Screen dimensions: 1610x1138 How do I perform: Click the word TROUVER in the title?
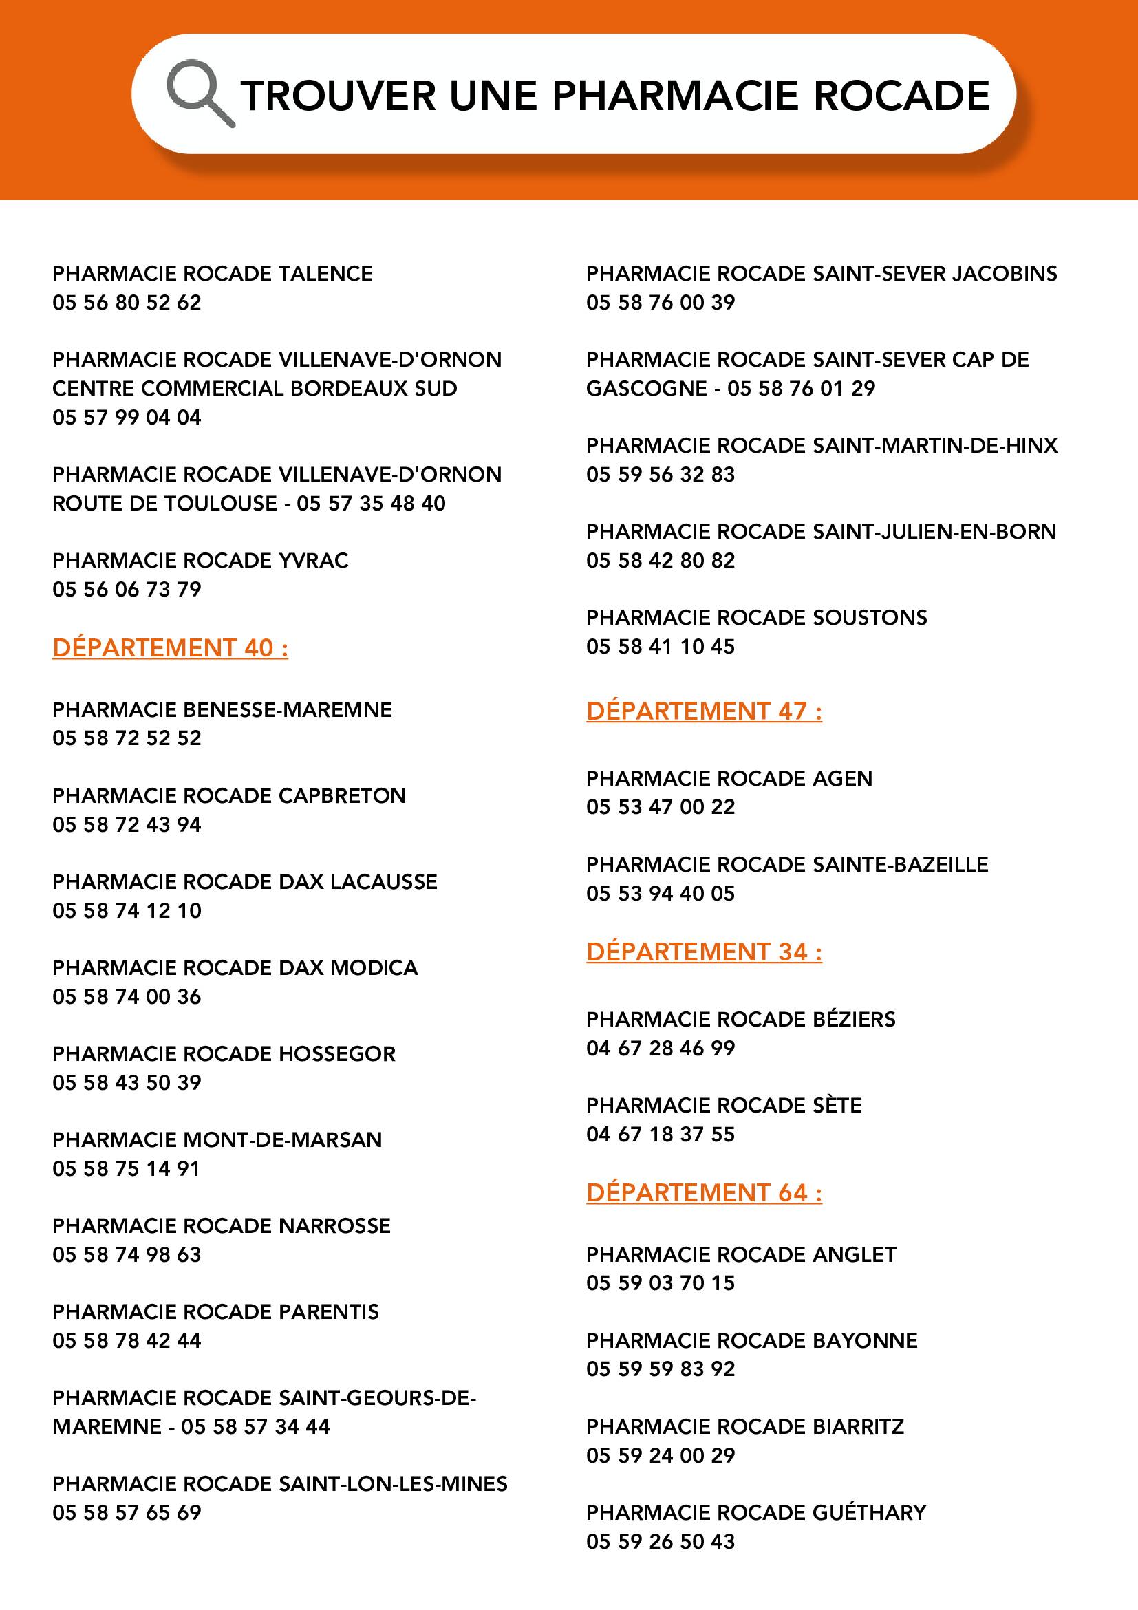point(338,96)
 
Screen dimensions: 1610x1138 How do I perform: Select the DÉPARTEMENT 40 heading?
point(170,647)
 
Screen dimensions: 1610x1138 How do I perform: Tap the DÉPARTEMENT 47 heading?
point(704,711)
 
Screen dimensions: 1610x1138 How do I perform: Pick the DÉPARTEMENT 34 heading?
point(704,952)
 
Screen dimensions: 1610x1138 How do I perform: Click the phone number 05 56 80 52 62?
point(127,302)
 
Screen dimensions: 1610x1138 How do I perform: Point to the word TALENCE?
point(325,273)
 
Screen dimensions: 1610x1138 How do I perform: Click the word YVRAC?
point(314,560)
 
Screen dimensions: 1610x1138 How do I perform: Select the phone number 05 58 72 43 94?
point(127,824)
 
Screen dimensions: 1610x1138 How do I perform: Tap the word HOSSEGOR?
point(337,1053)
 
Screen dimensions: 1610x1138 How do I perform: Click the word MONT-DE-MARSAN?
point(282,1139)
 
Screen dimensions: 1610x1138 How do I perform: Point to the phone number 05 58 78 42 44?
point(127,1340)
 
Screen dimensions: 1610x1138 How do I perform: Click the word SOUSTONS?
point(870,617)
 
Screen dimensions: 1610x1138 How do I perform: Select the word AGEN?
point(842,778)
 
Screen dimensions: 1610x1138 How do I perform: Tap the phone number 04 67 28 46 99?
point(661,1048)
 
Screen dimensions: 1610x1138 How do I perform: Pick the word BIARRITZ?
point(858,1426)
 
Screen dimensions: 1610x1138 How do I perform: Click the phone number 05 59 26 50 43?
point(661,1541)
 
